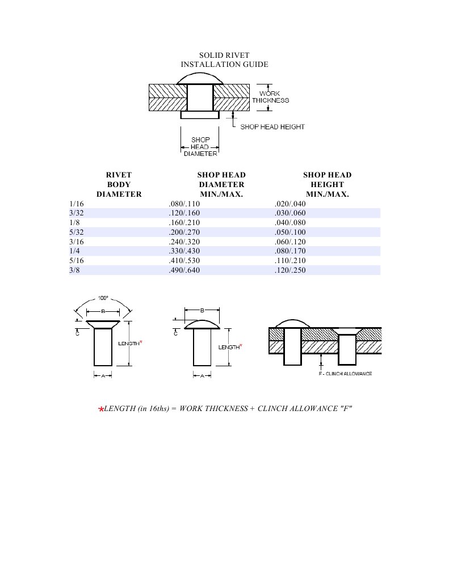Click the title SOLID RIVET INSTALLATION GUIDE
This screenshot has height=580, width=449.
pyautogui.click(x=224, y=60)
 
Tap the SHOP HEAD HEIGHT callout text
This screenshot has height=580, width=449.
pyautogui.click(x=272, y=126)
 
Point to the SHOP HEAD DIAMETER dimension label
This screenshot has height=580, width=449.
pyautogui.click(x=200, y=147)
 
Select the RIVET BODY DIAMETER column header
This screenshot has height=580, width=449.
pyautogui.click(x=119, y=184)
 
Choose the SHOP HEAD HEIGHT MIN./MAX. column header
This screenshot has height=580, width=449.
pyautogui.click(x=328, y=184)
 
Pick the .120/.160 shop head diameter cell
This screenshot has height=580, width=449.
pyautogui.click(x=184, y=213)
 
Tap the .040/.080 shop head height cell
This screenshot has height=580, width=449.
pyautogui.click(x=290, y=223)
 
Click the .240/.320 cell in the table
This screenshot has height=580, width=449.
pyautogui.click(x=184, y=242)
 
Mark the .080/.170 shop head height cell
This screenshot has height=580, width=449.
pyautogui.click(x=290, y=251)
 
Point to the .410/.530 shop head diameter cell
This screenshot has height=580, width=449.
pyautogui.click(x=184, y=261)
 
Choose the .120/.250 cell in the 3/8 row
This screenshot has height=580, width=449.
pyautogui.click(x=290, y=270)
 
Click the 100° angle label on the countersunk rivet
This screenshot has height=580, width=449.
pyautogui.click(x=103, y=298)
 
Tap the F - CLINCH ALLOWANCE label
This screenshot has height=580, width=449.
pyautogui.click(x=345, y=374)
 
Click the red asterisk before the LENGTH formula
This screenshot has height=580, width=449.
pyautogui.click(x=101, y=409)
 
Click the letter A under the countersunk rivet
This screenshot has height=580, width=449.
pyautogui.click(x=103, y=376)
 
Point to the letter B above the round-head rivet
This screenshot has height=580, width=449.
pyautogui.click(x=202, y=310)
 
